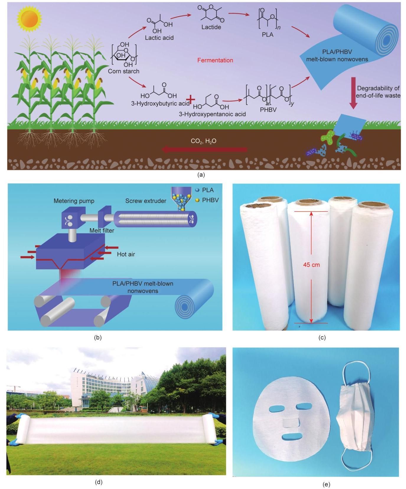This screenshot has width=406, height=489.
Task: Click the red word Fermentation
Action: pos(215,60)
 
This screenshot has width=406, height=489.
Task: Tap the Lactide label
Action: pos(211,27)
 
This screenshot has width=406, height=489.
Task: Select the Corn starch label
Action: pos(123,71)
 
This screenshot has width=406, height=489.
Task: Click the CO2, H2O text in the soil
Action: pos(203,141)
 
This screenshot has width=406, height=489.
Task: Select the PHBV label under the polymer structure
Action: pos(268,110)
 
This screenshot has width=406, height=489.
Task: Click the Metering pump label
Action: pos(74,201)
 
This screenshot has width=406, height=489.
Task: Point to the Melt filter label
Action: pos(102,231)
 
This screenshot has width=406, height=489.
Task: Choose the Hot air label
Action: pos(126,254)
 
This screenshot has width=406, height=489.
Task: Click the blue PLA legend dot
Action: pos(197,190)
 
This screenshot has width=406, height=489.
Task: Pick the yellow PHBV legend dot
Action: pos(197,200)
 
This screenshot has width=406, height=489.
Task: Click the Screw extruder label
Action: pos(146,201)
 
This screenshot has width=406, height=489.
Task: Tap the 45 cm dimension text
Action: pos(311,265)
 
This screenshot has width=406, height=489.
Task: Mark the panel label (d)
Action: pos(99,482)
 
